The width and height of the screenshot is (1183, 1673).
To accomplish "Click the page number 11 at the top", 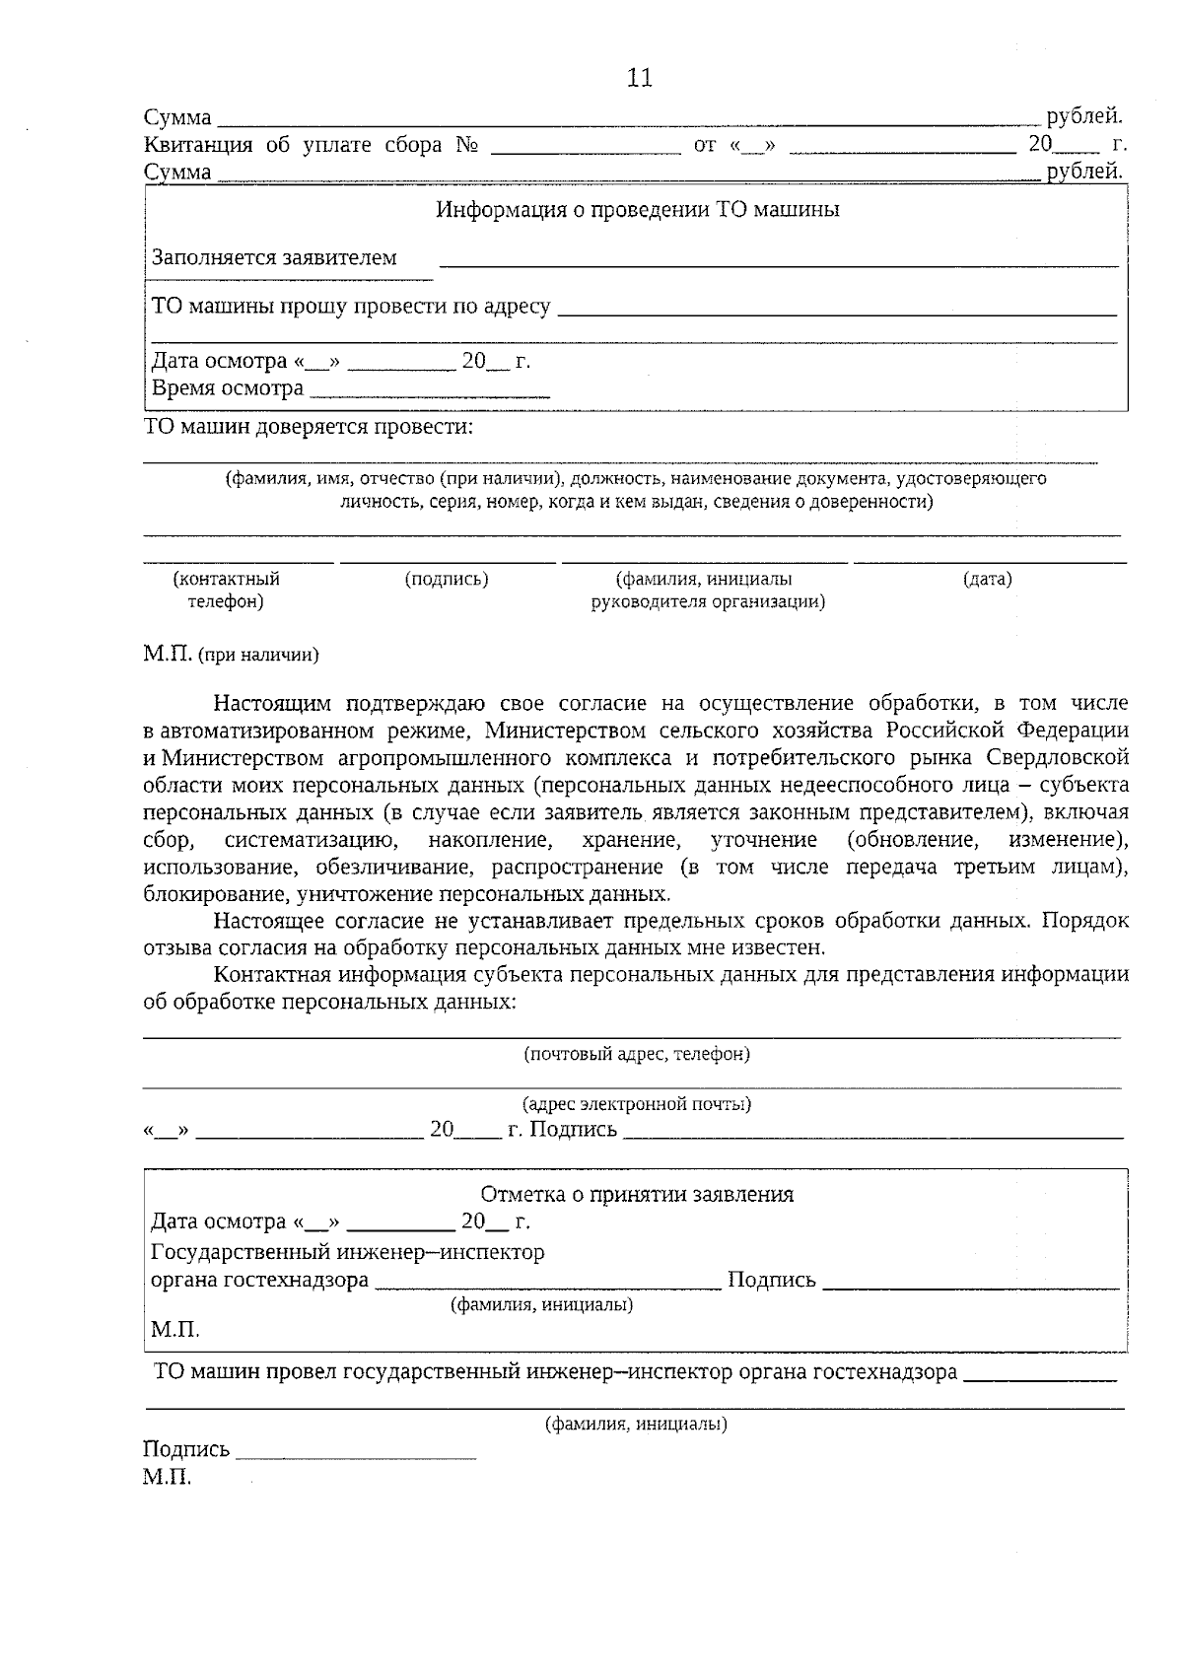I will (639, 79).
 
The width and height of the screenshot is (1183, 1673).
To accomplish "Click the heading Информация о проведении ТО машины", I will (638, 210).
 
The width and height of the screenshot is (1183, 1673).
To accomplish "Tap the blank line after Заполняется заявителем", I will (778, 262).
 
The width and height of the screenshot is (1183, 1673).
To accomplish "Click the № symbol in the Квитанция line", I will (466, 145).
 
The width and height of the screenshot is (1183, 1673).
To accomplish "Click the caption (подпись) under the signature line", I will (447, 580).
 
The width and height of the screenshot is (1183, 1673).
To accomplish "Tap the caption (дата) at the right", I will (987, 580).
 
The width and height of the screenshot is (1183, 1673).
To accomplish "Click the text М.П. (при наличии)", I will (231, 655).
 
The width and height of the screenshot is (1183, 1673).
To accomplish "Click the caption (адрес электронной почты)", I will (637, 1104).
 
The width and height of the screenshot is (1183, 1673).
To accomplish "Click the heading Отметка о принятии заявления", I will (637, 1195).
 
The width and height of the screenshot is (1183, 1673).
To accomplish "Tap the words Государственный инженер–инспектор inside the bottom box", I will (347, 1252).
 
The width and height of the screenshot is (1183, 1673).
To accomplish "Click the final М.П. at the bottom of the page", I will (167, 1478).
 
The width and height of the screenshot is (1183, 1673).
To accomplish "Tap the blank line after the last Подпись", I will (357, 1452).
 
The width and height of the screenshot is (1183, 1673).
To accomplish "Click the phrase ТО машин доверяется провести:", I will (309, 427).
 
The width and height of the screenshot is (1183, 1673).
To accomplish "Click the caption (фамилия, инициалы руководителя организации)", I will (707, 591).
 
